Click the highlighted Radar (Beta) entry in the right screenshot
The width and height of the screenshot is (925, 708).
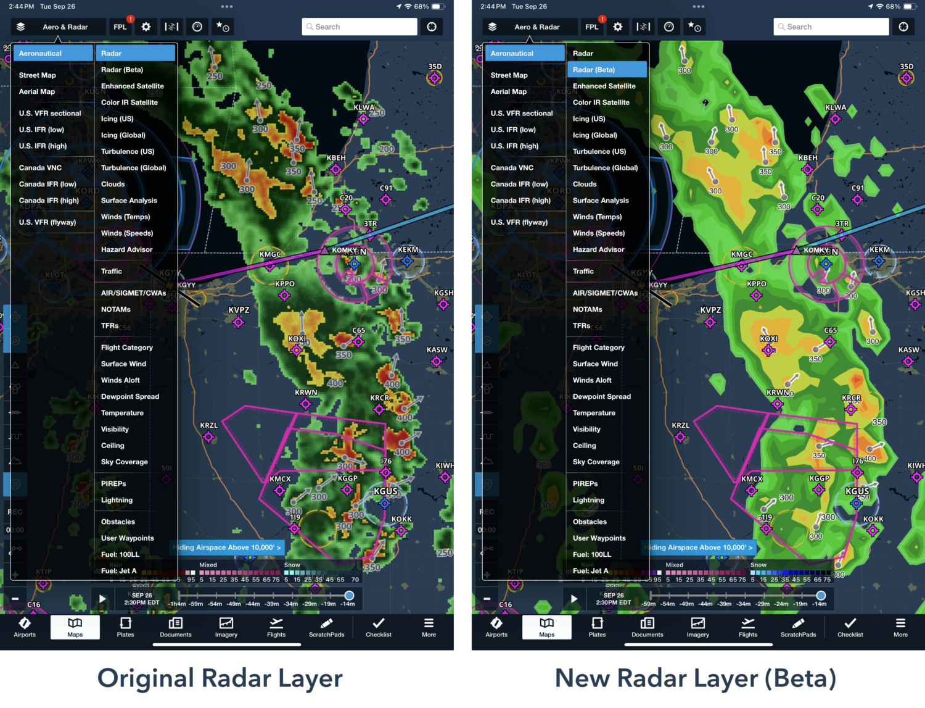pos(607,70)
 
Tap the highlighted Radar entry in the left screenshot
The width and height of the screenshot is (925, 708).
pos(135,54)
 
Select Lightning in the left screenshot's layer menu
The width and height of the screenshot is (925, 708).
pos(117,500)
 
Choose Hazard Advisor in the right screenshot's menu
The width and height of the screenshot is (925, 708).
pos(598,249)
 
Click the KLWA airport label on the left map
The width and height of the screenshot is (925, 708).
pos(364,107)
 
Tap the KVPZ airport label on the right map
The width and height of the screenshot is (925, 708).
pos(710,310)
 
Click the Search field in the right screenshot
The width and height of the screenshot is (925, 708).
pos(831,27)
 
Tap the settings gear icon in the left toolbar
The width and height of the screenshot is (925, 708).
pos(146,27)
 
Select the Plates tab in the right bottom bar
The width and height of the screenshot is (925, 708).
pos(597,627)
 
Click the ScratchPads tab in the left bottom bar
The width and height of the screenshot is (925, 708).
pos(326,627)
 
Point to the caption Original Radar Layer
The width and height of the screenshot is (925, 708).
pos(220,678)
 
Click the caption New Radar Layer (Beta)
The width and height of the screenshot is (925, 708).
pos(696,678)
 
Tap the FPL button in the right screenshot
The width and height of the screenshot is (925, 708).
pos(592,27)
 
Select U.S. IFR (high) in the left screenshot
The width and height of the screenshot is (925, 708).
pos(43,146)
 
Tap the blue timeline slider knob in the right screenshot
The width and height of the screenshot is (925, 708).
pos(821,595)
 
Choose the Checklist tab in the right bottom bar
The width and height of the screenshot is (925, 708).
pos(850,627)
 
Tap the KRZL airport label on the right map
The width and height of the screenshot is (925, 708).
pos(680,425)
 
